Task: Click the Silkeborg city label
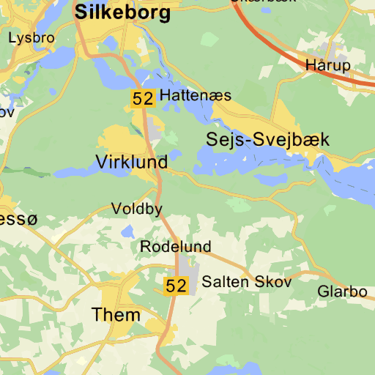tap(123, 12)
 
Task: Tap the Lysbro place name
tap(31, 37)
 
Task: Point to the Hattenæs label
tap(195, 96)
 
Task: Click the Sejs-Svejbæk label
tap(268, 140)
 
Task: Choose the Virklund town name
tap(131, 162)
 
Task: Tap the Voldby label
tap(136, 209)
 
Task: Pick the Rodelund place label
tap(175, 247)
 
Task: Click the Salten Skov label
tap(247, 281)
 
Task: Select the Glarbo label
tap(342, 292)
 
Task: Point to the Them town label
tap(116, 315)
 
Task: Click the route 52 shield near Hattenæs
tap(144, 99)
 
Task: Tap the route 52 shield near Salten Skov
tap(176, 286)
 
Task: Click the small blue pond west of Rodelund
tap(129, 231)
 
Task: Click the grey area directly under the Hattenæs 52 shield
tap(154, 129)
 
